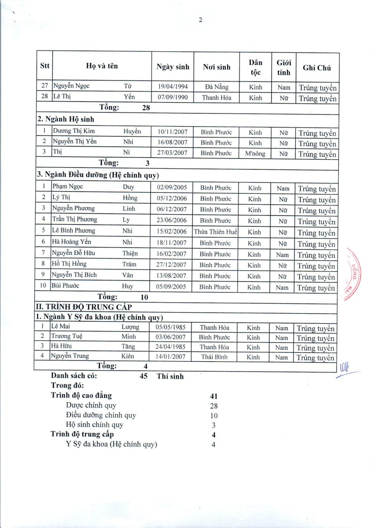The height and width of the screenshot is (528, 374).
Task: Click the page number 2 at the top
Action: pos(200,20)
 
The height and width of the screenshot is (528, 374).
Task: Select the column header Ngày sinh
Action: pos(173,67)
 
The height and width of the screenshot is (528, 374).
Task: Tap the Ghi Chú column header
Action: pos(317,67)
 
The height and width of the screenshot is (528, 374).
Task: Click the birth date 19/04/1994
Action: pos(172,87)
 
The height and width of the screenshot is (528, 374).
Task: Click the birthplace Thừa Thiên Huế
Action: pos(216,232)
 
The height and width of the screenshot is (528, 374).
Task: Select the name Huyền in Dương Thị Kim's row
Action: pos(133,132)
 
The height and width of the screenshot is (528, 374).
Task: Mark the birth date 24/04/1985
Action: pos(172,347)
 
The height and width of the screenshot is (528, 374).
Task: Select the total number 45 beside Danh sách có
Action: pos(143,376)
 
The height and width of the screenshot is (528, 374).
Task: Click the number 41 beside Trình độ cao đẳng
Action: pos(214,396)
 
